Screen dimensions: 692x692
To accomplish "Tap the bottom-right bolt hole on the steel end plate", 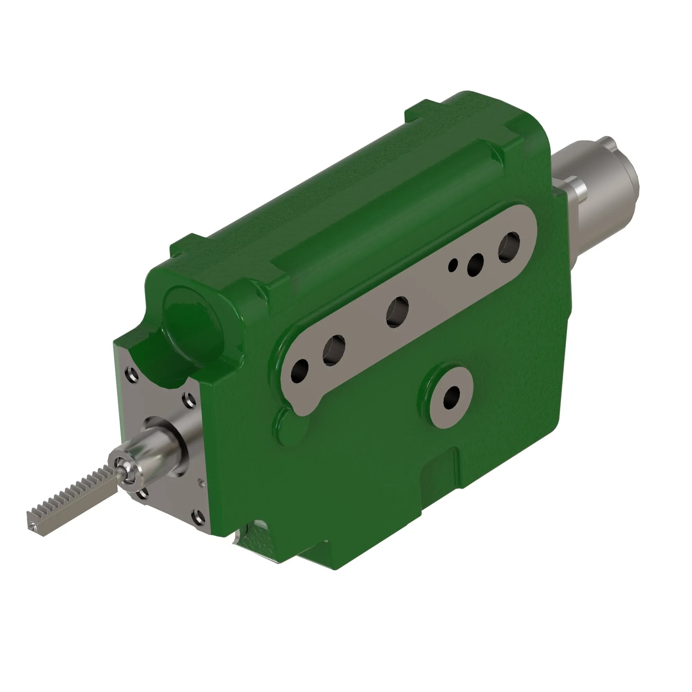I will [196, 516].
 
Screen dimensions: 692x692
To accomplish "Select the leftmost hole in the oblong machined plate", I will [300, 371].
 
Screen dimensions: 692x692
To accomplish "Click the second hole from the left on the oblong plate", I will [334, 350].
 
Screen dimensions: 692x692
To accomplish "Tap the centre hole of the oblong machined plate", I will [397, 312].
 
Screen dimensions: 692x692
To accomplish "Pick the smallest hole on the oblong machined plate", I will [454, 265].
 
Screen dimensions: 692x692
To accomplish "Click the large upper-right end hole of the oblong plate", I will [509, 246].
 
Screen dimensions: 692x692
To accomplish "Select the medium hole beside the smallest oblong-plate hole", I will [475, 264].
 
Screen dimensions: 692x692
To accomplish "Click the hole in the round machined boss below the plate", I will [452, 397].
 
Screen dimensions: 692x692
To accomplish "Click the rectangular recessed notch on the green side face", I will [440, 473].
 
